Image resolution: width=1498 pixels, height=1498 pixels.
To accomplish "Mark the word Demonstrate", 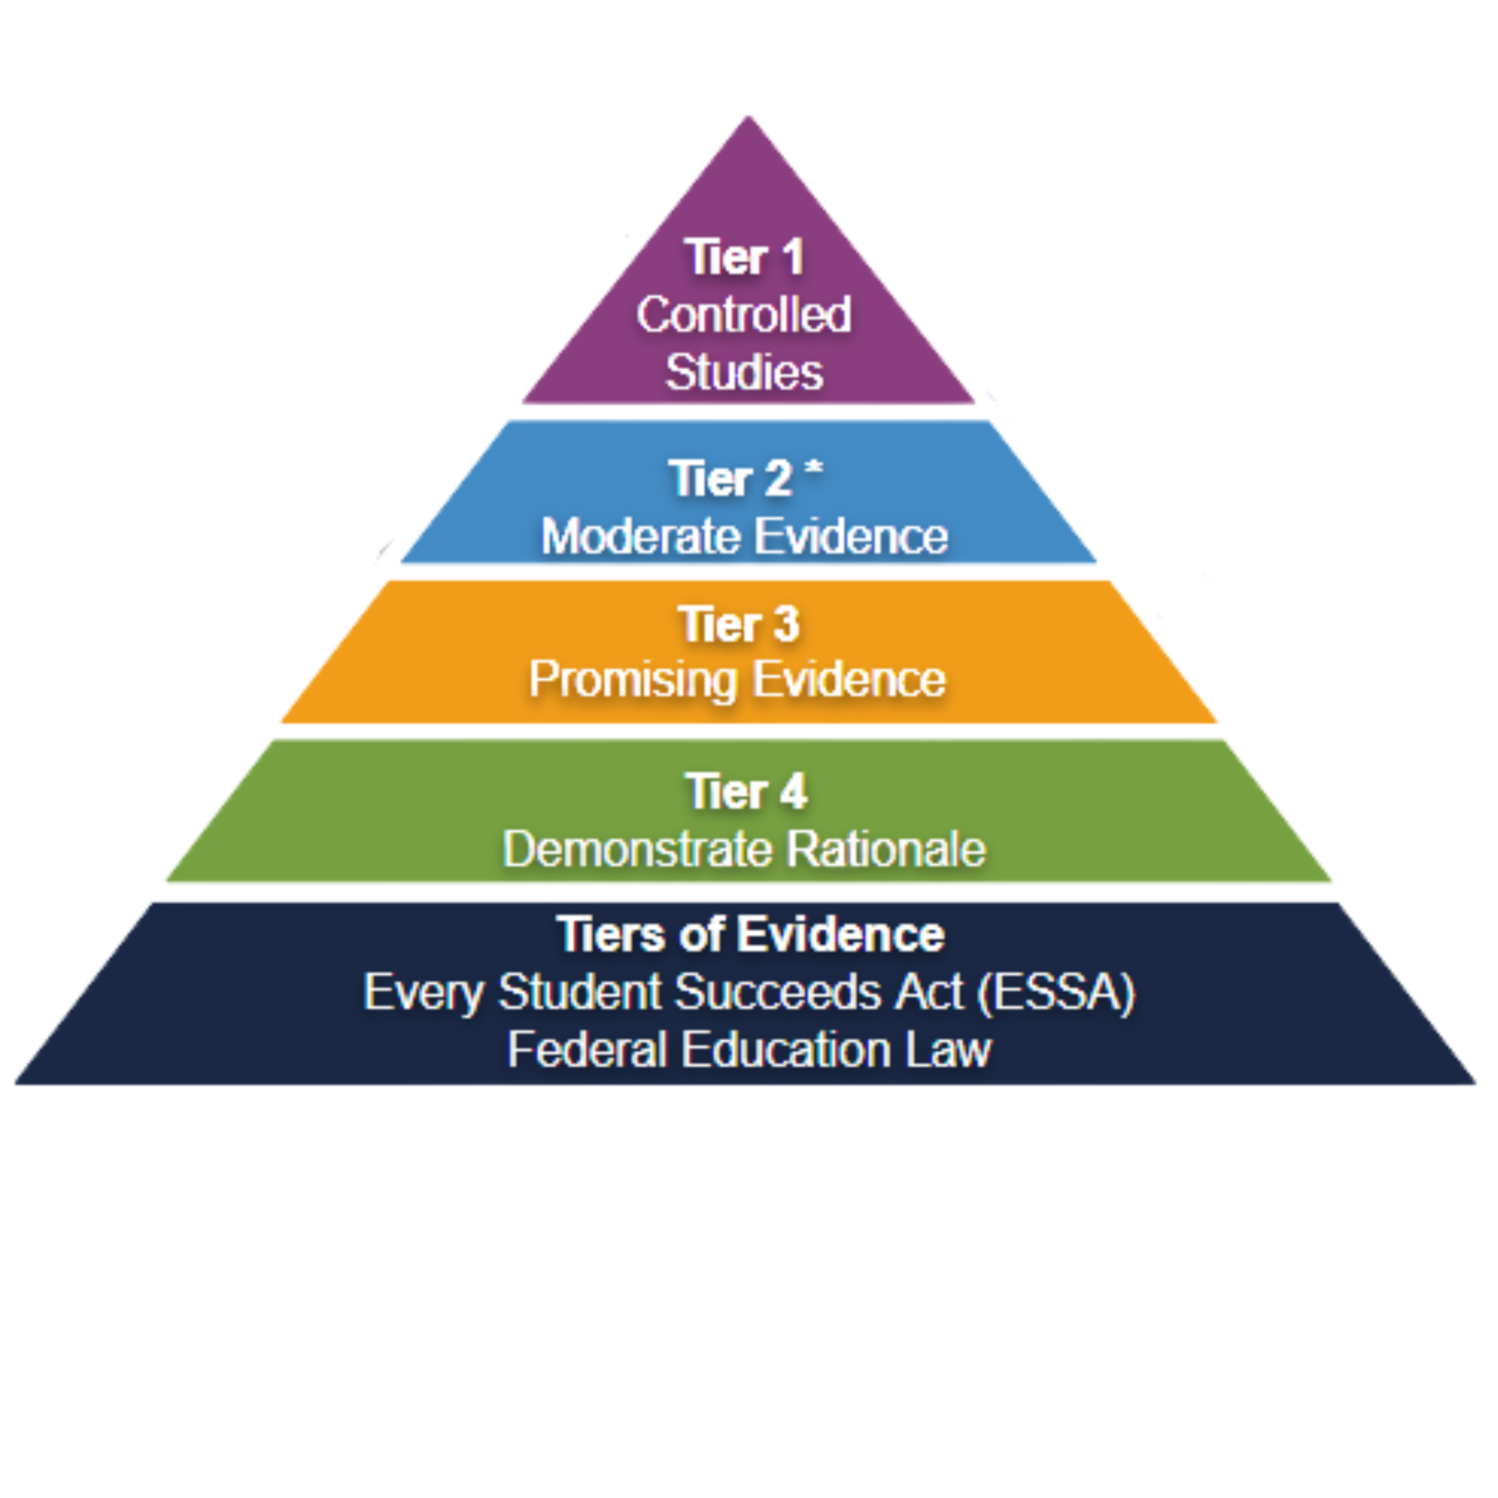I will coord(637,849).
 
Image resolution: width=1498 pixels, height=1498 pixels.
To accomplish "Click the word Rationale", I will coord(886,849).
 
